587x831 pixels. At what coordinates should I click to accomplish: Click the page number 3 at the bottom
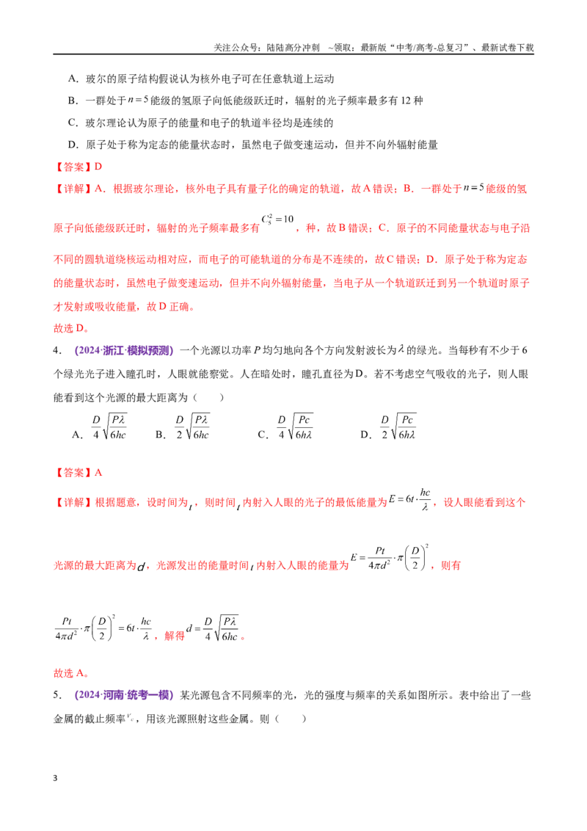click(x=55, y=778)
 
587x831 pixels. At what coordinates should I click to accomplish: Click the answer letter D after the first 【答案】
click(x=98, y=167)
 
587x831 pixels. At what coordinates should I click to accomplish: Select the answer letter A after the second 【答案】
click(x=98, y=472)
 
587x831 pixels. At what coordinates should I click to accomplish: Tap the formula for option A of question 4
click(x=109, y=427)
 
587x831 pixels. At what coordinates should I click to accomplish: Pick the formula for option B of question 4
click(x=192, y=427)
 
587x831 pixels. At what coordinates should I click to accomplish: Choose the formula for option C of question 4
click(x=295, y=427)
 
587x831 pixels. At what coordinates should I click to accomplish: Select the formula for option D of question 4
click(x=398, y=427)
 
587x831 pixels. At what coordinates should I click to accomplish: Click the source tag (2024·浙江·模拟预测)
click(x=124, y=350)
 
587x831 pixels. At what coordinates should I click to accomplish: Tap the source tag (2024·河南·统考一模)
click(x=124, y=694)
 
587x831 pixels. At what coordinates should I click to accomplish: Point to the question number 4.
click(x=56, y=350)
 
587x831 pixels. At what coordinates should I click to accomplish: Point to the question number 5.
click(x=56, y=694)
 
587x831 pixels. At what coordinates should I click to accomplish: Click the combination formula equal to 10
click(x=277, y=219)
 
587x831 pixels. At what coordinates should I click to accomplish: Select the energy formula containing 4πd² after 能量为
click(x=390, y=557)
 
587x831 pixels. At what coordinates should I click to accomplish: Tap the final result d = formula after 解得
click(x=213, y=628)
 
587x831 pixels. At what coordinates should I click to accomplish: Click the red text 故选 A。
click(x=71, y=673)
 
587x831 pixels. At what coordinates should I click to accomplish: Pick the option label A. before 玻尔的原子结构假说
click(x=73, y=79)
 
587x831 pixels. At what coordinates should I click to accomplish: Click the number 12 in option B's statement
click(x=406, y=101)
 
